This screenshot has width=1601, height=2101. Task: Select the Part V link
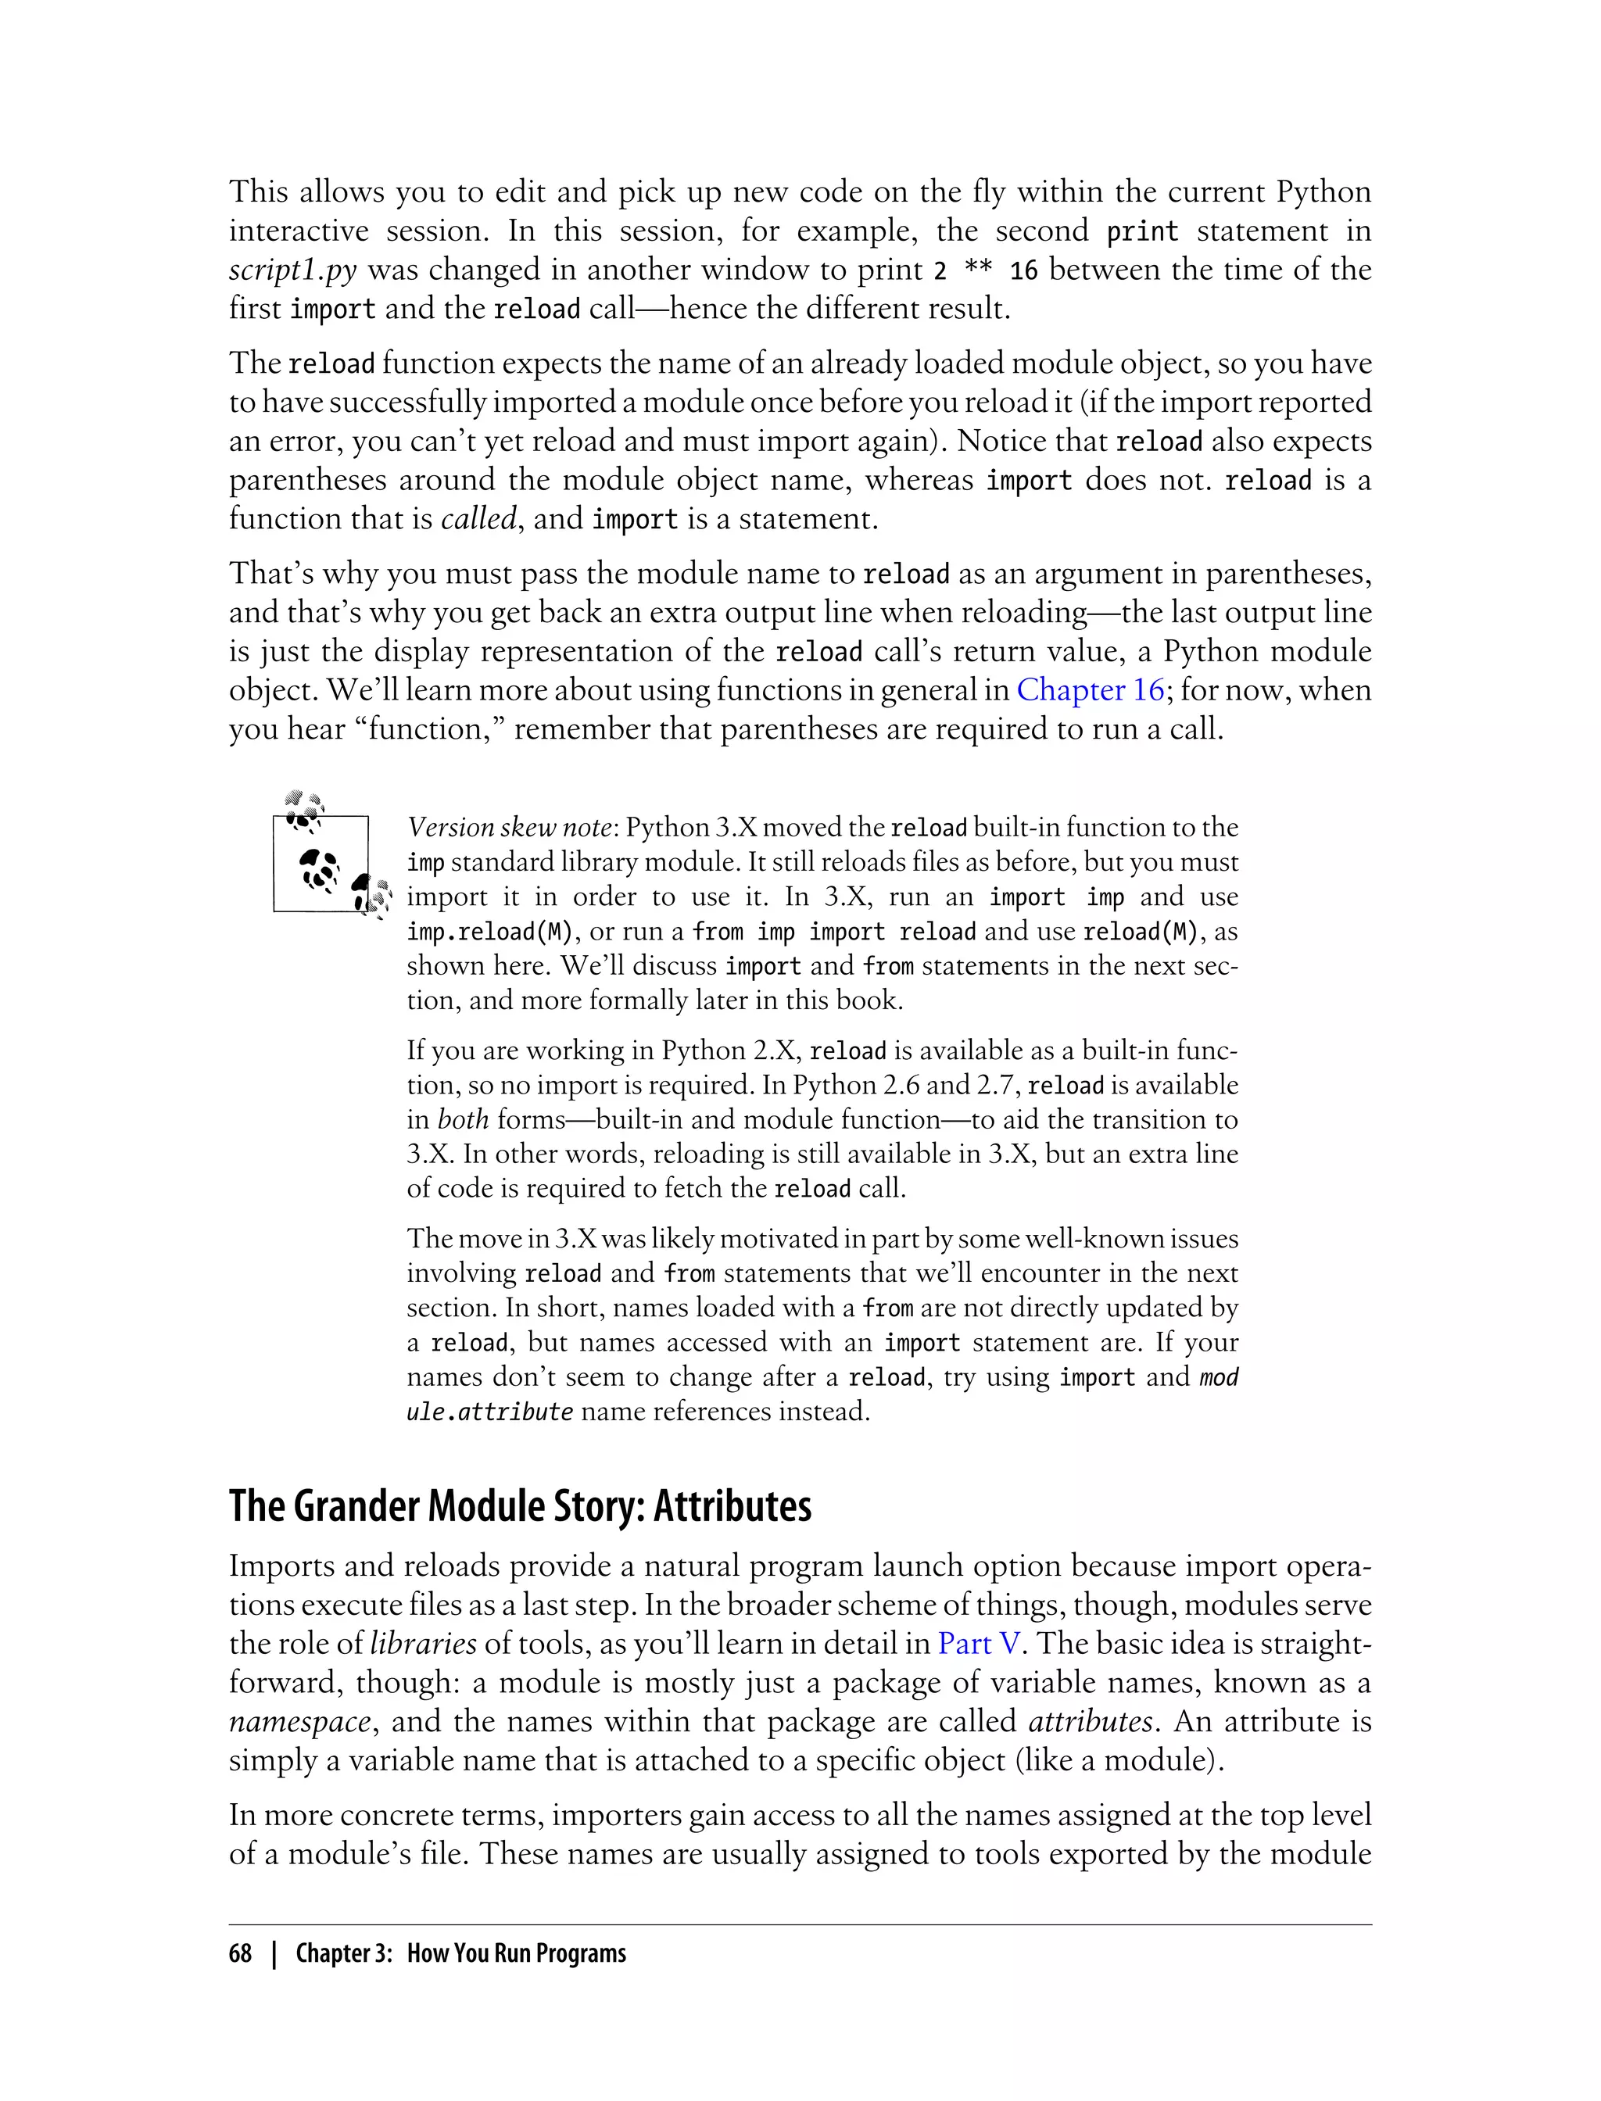coord(979,1644)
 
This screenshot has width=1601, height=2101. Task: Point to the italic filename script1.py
coord(292,270)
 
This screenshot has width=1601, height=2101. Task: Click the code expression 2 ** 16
coord(985,271)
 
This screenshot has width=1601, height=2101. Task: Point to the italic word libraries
coord(422,1644)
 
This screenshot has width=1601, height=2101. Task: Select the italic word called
coord(479,519)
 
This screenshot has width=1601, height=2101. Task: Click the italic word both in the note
coord(462,1119)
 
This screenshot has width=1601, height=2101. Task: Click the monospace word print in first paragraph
coord(1141,231)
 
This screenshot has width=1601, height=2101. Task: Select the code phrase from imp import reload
coord(834,932)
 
